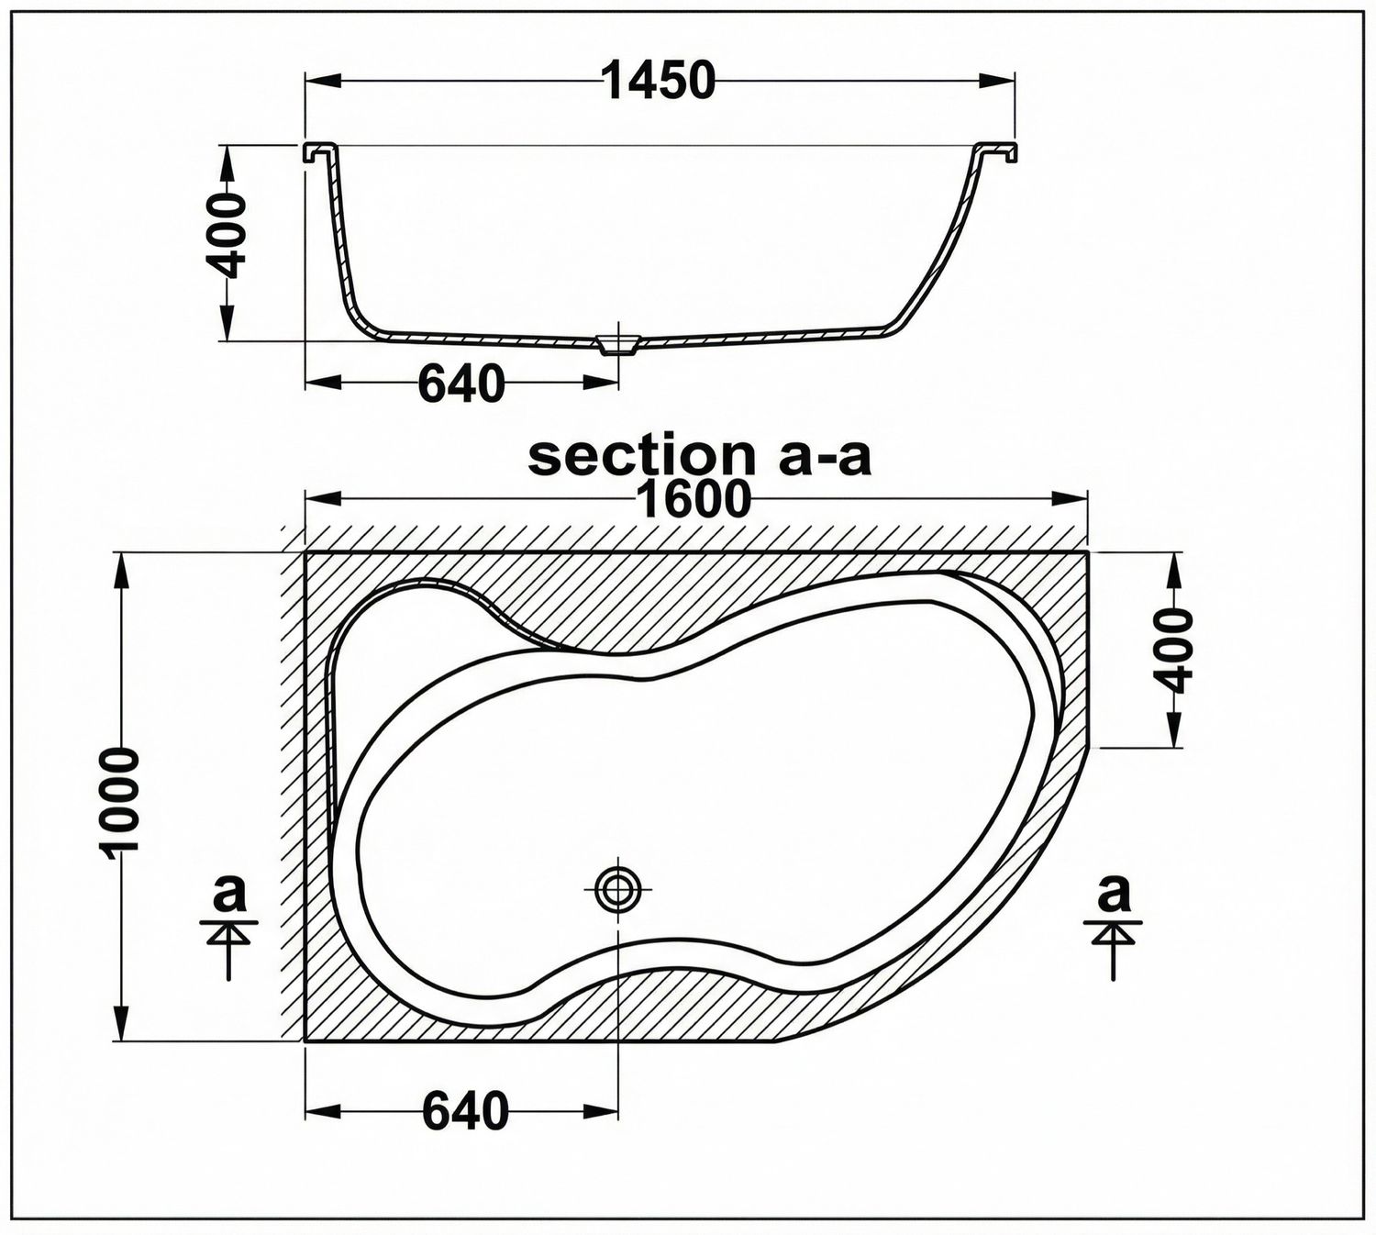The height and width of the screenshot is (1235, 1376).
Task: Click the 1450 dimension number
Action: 660,80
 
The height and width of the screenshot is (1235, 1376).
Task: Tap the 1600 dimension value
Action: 695,499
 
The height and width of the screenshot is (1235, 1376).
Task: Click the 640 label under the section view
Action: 461,384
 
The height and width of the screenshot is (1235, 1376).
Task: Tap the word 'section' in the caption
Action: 641,457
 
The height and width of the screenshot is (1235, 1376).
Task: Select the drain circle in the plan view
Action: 617,889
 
